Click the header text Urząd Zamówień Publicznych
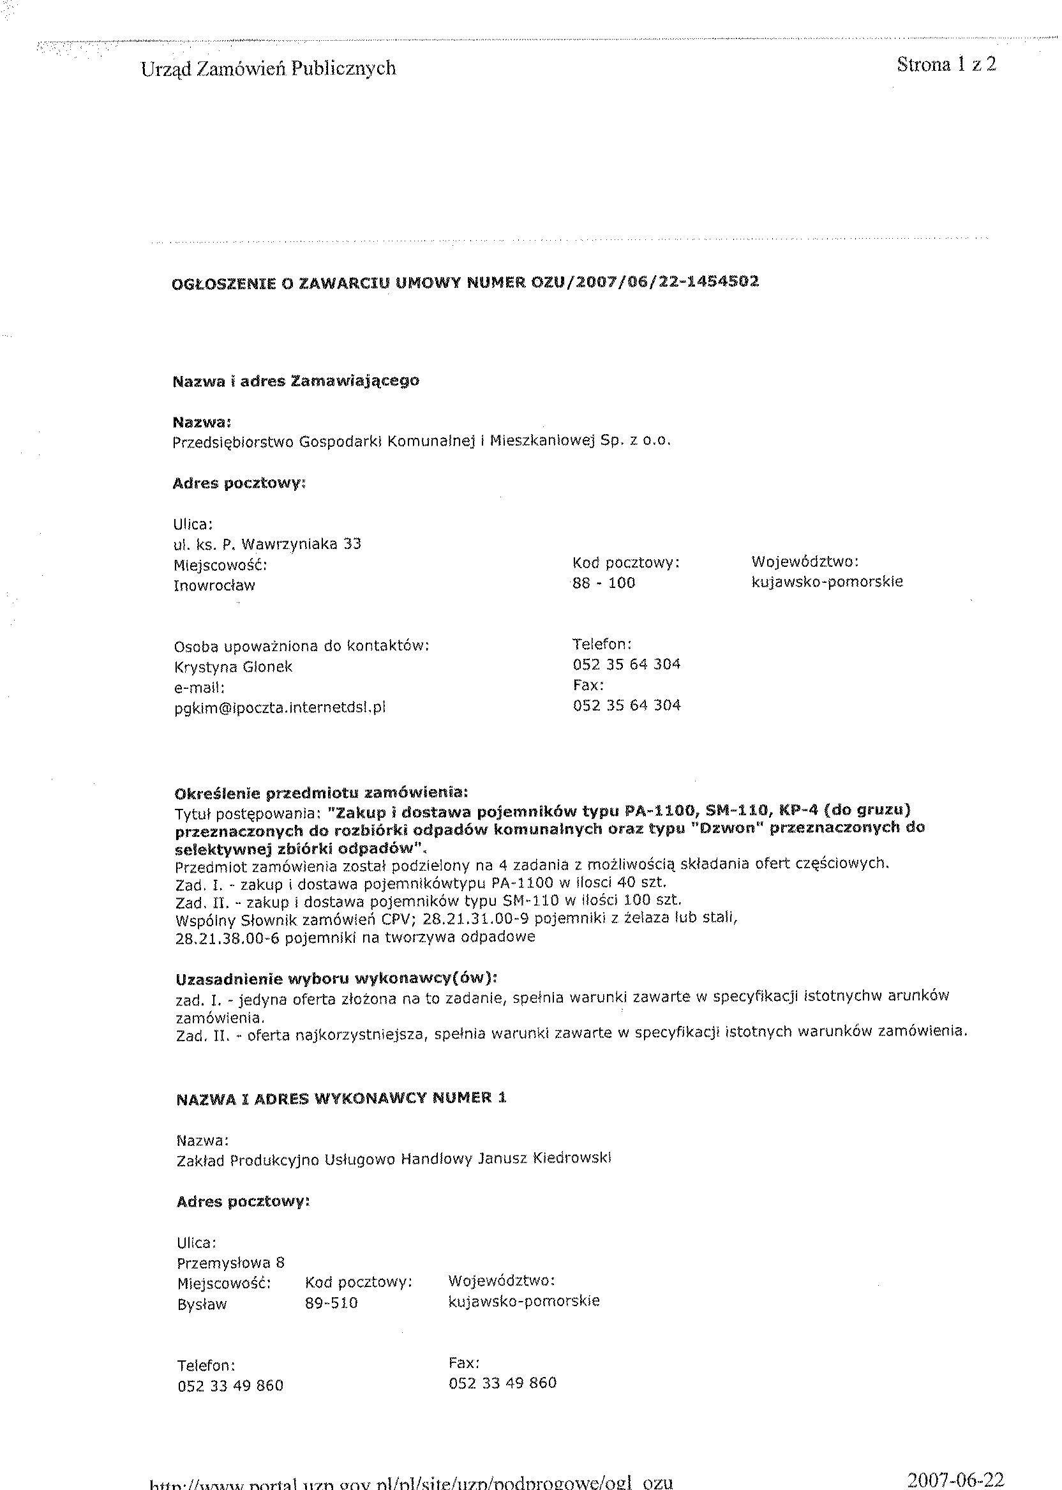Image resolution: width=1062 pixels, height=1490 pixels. click(x=268, y=69)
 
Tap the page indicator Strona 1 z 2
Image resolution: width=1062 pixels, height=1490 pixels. click(x=946, y=64)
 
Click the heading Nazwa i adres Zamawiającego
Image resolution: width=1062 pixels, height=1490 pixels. click(x=295, y=380)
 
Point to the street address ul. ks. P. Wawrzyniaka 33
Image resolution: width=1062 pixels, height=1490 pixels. click(x=267, y=544)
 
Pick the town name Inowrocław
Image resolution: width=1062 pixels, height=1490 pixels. click(x=214, y=586)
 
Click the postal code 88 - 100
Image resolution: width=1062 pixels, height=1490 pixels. click(x=604, y=583)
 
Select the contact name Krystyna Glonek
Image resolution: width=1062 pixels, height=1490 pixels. click(x=233, y=667)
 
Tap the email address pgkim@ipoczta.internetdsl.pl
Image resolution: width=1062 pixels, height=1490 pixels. click(x=280, y=708)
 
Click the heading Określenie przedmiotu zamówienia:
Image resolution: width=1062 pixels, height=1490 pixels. click(x=321, y=794)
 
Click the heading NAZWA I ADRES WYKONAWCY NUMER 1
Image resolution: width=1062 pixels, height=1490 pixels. click(x=341, y=1099)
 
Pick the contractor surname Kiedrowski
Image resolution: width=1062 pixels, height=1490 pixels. click(x=572, y=1159)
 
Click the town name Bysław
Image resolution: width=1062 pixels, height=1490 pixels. click(x=202, y=1304)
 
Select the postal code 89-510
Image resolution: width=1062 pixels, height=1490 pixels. click(x=331, y=1303)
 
